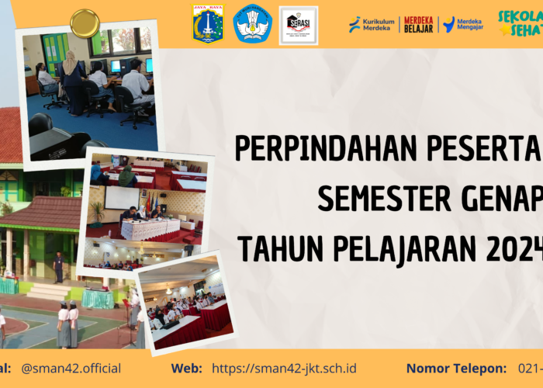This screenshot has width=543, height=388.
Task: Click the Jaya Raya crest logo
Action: [x=208, y=24]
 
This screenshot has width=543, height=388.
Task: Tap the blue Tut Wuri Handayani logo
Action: [x=253, y=24]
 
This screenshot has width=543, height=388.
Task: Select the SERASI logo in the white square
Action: [x=299, y=25]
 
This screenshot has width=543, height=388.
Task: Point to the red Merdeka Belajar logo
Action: [x=419, y=25]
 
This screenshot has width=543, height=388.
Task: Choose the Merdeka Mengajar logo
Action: [x=463, y=25]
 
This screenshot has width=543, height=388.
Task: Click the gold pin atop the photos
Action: [x=84, y=23]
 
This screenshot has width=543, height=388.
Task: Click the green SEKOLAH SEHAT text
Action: [x=521, y=23]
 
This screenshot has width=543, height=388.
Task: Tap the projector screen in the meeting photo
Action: [x=122, y=197]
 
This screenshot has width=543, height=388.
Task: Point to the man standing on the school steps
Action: [x=58, y=268]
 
